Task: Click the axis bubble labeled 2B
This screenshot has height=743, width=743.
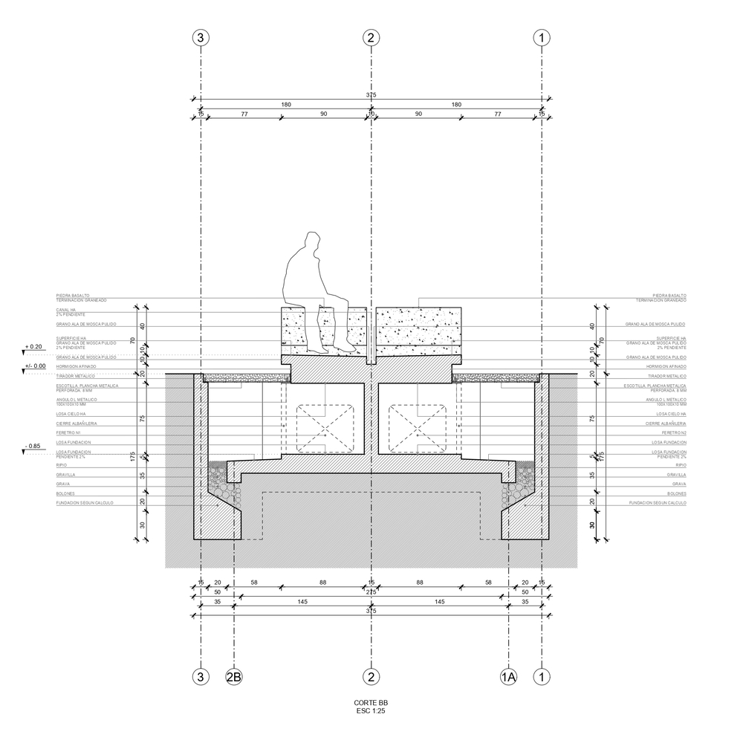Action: tap(234, 677)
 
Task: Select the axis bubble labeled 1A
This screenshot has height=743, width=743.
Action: tap(508, 677)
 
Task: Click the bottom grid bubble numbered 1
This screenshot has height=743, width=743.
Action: tap(543, 677)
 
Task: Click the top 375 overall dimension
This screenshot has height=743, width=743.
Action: tap(371, 95)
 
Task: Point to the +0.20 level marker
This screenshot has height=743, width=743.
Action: tap(33, 347)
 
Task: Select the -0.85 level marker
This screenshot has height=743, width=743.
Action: tap(33, 447)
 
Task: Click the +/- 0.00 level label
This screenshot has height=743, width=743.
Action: tap(35, 366)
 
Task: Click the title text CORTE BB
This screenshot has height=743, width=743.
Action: tap(371, 703)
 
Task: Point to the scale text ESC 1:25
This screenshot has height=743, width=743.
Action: tap(371, 711)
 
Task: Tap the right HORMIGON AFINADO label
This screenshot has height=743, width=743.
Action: tap(667, 367)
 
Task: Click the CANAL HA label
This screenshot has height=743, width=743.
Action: tap(67, 311)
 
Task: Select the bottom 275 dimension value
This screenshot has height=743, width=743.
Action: tap(371, 592)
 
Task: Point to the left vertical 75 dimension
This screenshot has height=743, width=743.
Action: tap(141, 418)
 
